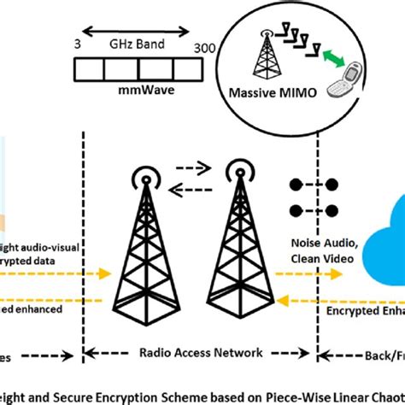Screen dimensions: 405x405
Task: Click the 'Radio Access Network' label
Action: coord(191,352)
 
